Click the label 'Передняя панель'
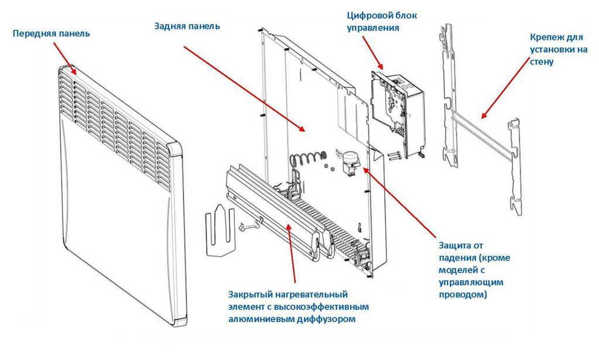coord(51,33)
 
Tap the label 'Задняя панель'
coord(187,26)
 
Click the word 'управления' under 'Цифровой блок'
coord(373,28)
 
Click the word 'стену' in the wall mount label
coord(541,61)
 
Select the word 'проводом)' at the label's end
coord(463,294)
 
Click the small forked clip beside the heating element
coord(219,230)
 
